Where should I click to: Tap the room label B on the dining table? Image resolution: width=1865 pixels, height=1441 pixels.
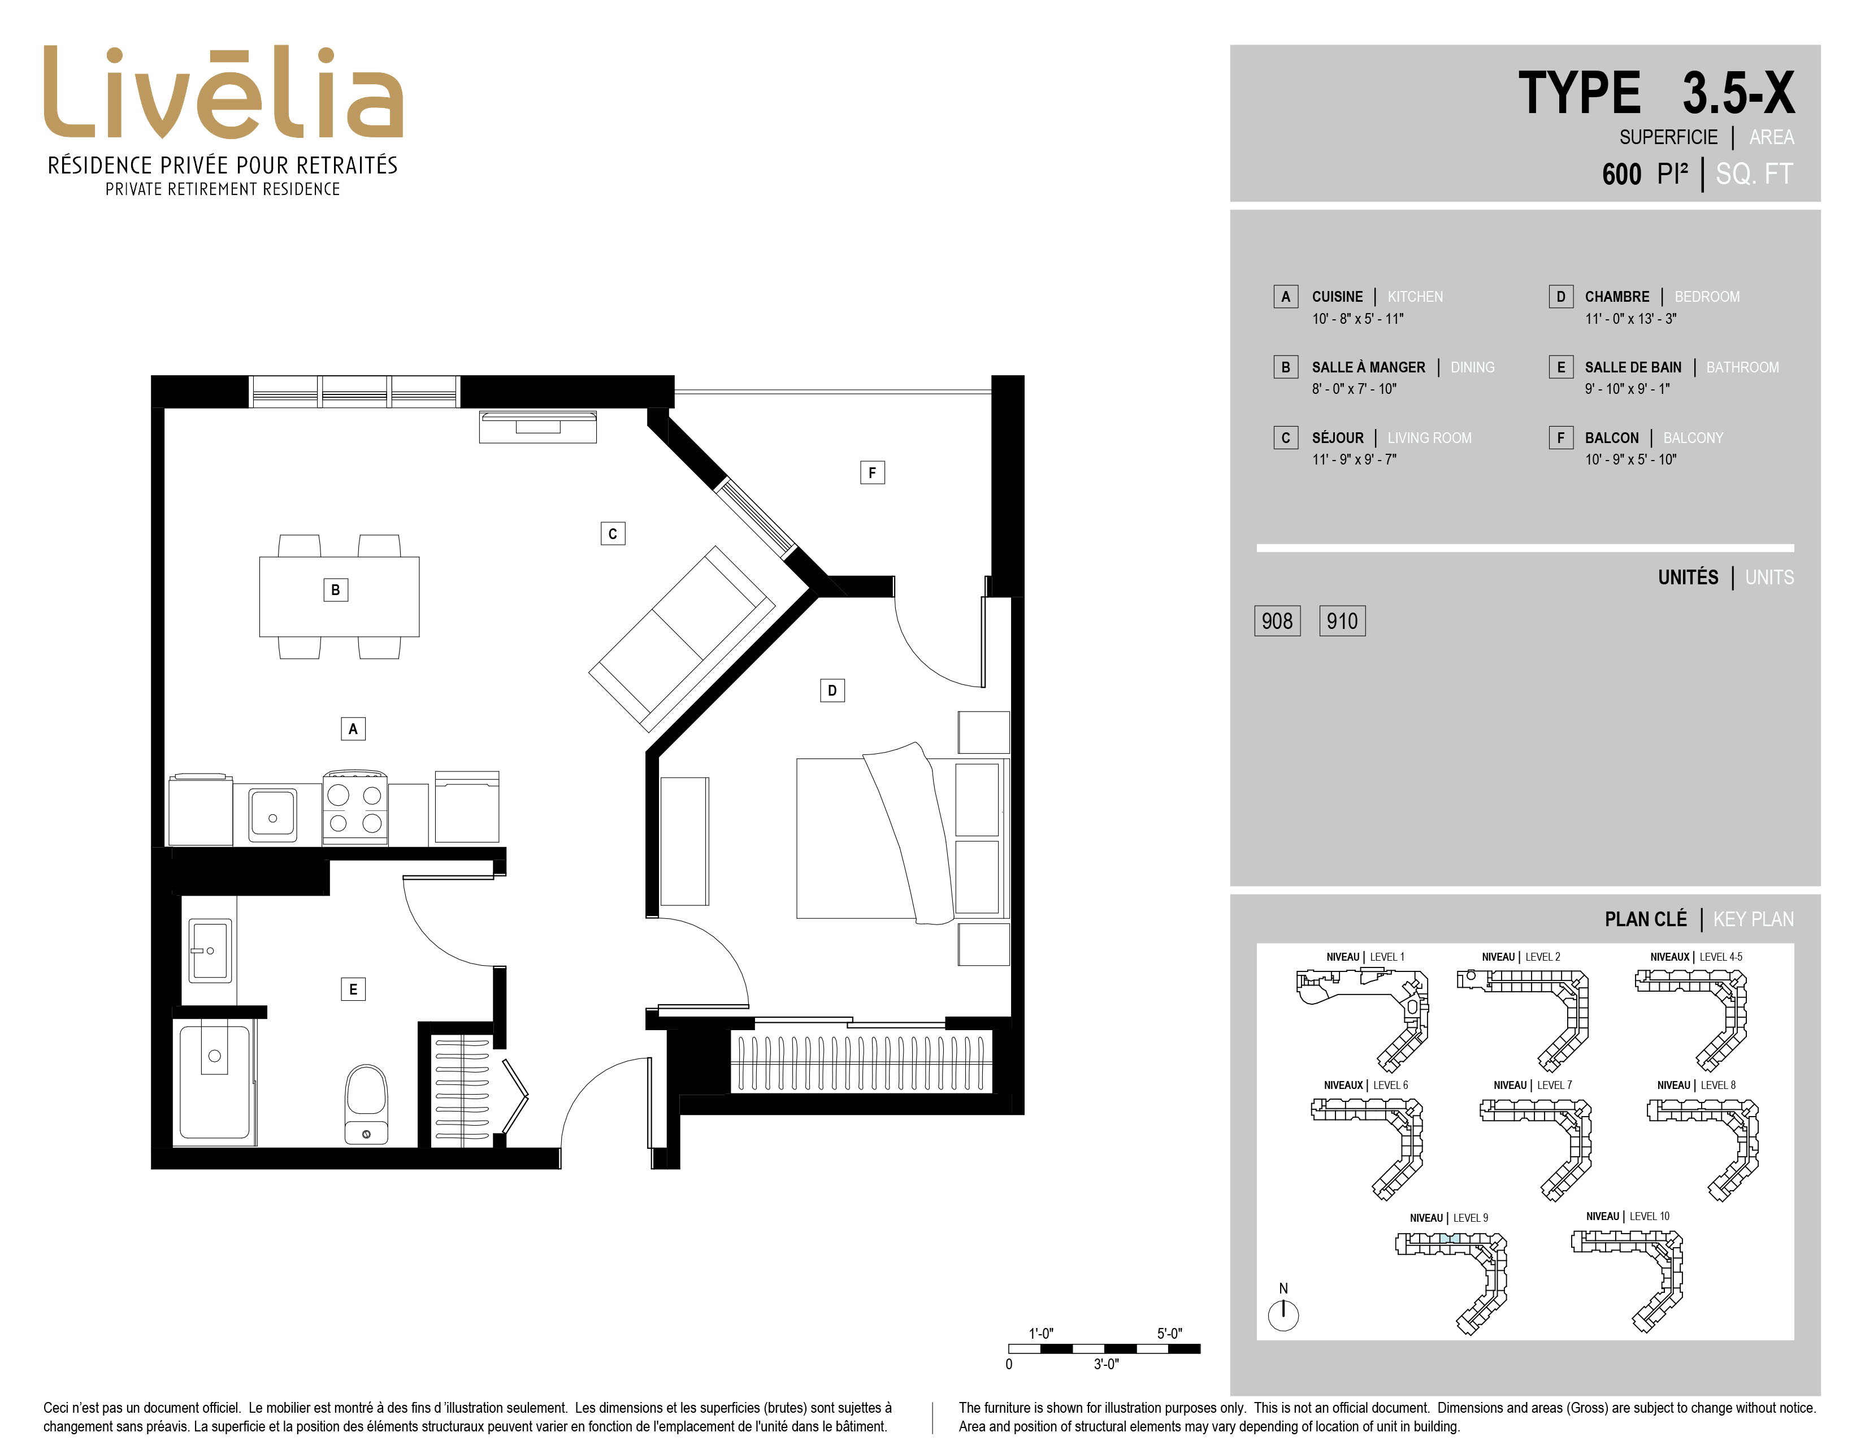point(336,590)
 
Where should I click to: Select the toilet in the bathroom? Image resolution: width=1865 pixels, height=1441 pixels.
point(366,1104)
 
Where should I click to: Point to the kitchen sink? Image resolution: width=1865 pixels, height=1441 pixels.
point(272,815)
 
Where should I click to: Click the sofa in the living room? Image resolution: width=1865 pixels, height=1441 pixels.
point(682,639)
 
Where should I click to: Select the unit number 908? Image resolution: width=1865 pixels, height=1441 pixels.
point(1277,620)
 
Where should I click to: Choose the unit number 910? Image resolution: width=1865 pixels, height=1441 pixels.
point(1342,620)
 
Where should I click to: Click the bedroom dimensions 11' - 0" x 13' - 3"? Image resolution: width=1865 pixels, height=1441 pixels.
point(1630,318)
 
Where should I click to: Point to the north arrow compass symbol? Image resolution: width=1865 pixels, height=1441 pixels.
point(1283,1314)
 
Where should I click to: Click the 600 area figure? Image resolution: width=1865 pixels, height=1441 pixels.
point(1621,174)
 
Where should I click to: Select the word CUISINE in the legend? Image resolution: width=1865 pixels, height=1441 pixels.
point(1337,296)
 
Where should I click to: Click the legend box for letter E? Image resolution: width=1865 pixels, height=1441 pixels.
point(1560,367)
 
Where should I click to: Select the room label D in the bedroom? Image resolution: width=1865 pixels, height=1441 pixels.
point(832,690)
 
